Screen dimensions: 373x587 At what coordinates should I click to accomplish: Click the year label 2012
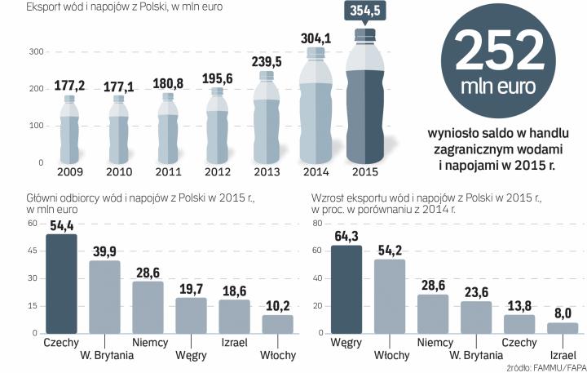pyautogui.click(x=217, y=172)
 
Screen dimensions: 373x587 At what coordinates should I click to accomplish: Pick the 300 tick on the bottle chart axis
pyautogui.click(x=36, y=52)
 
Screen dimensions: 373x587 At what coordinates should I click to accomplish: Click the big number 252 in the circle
pyautogui.click(x=499, y=51)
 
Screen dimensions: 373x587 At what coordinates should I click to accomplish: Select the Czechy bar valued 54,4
pyautogui.click(x=61, y=283)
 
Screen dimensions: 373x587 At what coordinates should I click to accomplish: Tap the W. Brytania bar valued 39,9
pyautogui.click(x=104, y=296)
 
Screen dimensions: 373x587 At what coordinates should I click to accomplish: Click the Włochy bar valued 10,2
pyautogui.click(x=277, y=323)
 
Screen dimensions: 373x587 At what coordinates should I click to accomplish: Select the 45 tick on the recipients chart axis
pyautogui.click(x=33, y=251)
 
